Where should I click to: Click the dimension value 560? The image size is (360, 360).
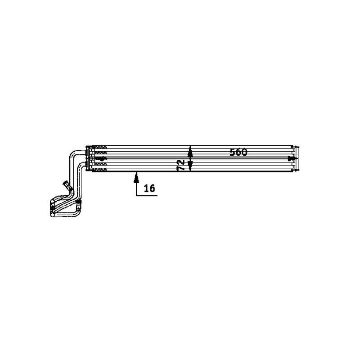238,152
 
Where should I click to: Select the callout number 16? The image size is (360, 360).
150,189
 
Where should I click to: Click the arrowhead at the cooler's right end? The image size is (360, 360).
290,158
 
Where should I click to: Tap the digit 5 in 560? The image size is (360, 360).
233,152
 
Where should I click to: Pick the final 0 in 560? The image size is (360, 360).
244,152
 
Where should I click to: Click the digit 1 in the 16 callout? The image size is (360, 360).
146,189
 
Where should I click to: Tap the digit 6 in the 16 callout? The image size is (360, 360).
152,189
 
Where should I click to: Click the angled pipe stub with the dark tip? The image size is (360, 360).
66,185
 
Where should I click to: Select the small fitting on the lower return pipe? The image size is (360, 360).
78,207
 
